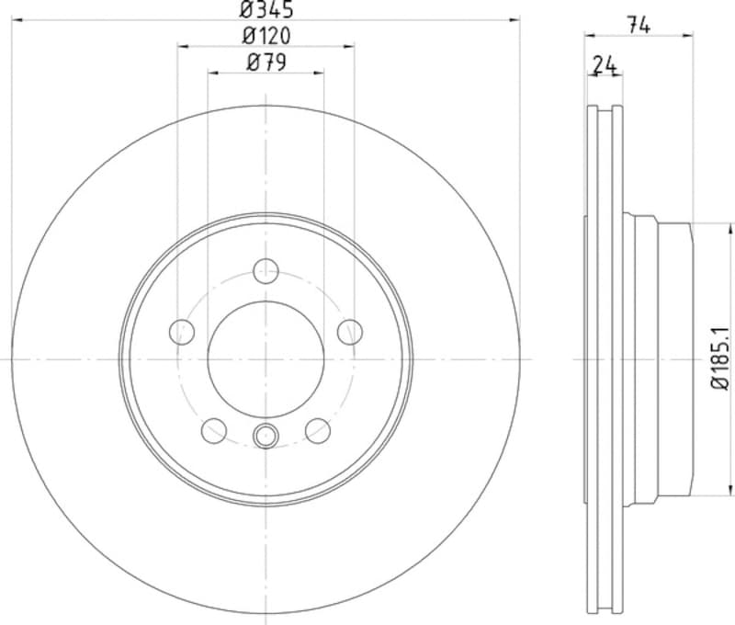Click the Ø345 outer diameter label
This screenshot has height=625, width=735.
[x=266, y=10]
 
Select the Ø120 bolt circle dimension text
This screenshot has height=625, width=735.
[x=266, y=36]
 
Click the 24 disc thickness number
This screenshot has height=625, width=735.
[x=604, y=64]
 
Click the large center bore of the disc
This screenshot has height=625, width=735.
[x=266, y=358]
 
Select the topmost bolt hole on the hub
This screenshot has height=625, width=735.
[x=266, y=270]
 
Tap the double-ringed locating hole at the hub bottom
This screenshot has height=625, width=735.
[x=266, y=436]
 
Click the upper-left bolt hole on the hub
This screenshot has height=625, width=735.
[x=183, y=331]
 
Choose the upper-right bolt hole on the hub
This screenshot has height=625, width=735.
[x=349, y=331]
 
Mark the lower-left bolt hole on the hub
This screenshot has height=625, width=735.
[x=214, y=429]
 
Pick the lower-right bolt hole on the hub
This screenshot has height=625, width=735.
[x=317, y=429]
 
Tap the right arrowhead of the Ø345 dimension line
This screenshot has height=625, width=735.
[x=516, y=19]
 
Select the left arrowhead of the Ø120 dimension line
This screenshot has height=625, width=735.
[x=181, y=45]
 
